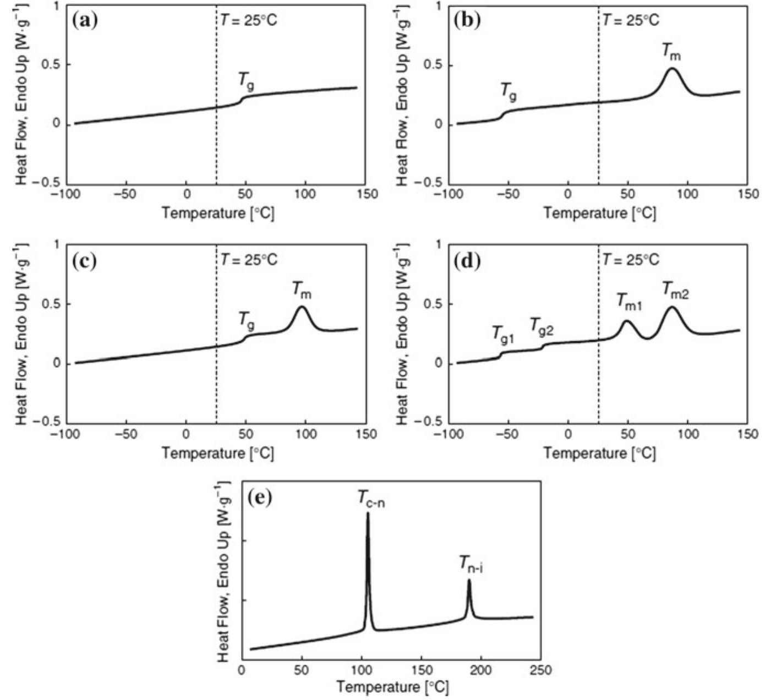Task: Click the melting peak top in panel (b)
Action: pos(672,68)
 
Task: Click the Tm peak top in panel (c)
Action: pos(302,307)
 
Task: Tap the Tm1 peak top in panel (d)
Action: pos(627,321)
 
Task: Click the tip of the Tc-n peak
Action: pos(368,513)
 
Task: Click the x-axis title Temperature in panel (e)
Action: pos(392,687)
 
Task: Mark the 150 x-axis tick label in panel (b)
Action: pos(747,194)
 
